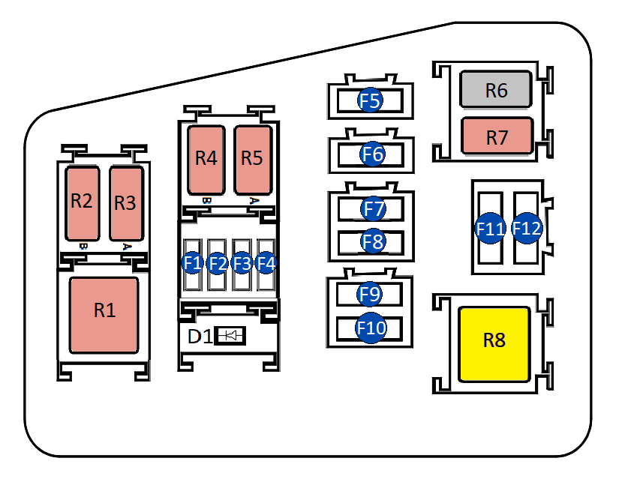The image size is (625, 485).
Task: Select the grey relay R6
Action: coord(497,91)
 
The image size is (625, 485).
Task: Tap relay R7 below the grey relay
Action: coord(497,137)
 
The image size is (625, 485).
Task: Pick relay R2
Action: coord(82,202)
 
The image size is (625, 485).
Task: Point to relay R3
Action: coord(125,202)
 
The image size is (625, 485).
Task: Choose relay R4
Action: coord(206,159)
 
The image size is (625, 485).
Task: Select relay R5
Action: coord(252,159)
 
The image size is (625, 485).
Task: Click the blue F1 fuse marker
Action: coord(193,263)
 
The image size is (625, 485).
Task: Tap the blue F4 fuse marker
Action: coord(266,263)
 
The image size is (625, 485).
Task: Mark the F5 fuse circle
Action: coord(371,100)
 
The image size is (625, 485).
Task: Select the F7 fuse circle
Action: coord(372,207)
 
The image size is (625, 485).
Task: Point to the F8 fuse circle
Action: coord(372,241)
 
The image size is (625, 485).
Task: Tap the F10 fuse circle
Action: coord(371,328)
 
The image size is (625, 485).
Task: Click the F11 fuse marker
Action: coord(490,229)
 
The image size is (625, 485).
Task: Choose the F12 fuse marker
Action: coord(526,229)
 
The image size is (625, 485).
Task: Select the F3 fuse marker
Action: coord(242,263)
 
